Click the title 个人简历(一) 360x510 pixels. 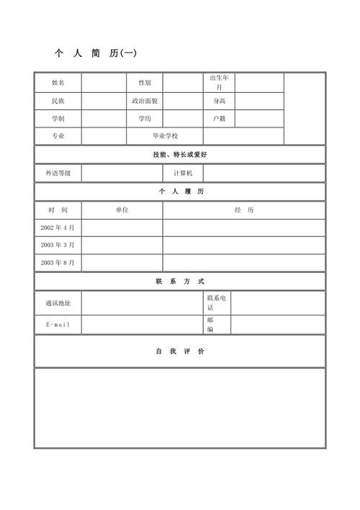(x=95, y=53)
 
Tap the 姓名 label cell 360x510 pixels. (x=58, y=83)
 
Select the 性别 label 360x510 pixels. (x=145, y=83)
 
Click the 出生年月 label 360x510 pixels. (x=219, y=82)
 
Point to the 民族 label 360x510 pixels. (x=58, y=101)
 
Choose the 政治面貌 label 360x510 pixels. (x=145, y=101)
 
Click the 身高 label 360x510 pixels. (x=219, y=101)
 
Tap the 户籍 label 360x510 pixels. (x=219, y=118)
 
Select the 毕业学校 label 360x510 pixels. (x=164, y=136)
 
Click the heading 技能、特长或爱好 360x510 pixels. (x=180, y=155)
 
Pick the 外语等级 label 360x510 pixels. (x=58, y=174)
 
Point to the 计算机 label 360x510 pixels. (x=183, y=174)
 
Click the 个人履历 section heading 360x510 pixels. (x=180, y=192)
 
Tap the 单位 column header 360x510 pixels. (x=122, y=210)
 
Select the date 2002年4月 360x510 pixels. (x=58, y=228)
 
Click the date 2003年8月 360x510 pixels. (x=58, y=263)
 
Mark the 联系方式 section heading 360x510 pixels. (x=180, y=282)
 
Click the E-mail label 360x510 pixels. (x=58, y=325)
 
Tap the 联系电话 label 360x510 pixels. (x=217, y=303)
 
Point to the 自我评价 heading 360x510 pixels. (x=180, y=352)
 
